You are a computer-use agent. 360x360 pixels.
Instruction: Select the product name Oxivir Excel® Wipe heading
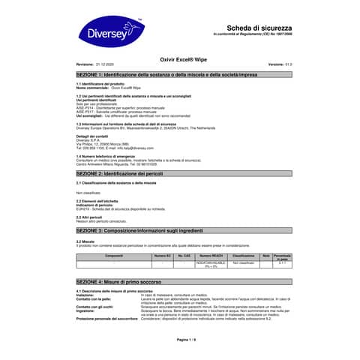pyautogui.click(x=181, y=57)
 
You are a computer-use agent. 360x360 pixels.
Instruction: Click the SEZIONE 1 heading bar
pyautogui.click(x=180, y=76)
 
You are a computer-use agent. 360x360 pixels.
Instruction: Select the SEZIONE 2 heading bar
pyautogui.click(x=180, y=173)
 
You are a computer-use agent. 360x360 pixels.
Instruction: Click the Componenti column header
pyautogui.click(x=114, y=256)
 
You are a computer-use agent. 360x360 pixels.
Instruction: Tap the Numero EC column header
pyautogui.click(x=163, y=256)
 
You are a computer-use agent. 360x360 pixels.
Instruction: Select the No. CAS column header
pyautogui.click(x=184, y=256)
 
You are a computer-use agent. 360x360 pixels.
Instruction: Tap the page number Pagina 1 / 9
pyautogui.click(x=180, y=340)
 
